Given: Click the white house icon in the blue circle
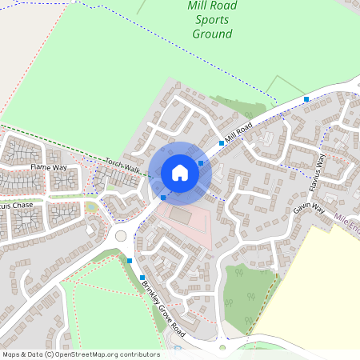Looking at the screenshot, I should pyautogui.click(x=180, y=172).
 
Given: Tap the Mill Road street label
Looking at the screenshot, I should pyautogui.click(x=238, y=132).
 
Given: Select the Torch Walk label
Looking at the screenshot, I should pyautogui.click(x=122, y=166).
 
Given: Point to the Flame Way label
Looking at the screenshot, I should pyautogui.click(x=46, y=167).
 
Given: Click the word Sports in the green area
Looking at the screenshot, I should pyautogui.click(x=212, y=20).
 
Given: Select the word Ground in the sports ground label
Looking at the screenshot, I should pyautogui.click(x=212, y=34).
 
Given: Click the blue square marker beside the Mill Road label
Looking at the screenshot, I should pyautogui.click(x=222, y=142).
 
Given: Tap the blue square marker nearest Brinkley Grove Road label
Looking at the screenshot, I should pyautogui.click(x=142, y=277).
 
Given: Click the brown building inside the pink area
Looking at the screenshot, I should pyautogui.click(x=180, y=216).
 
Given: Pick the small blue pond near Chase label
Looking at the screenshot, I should pyautogui.click(x=92, y=208).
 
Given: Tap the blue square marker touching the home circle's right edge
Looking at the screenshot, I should pyautogui.click(x=201, y=162).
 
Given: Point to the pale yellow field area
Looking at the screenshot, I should pyautogui.click(x=320, y=280).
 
